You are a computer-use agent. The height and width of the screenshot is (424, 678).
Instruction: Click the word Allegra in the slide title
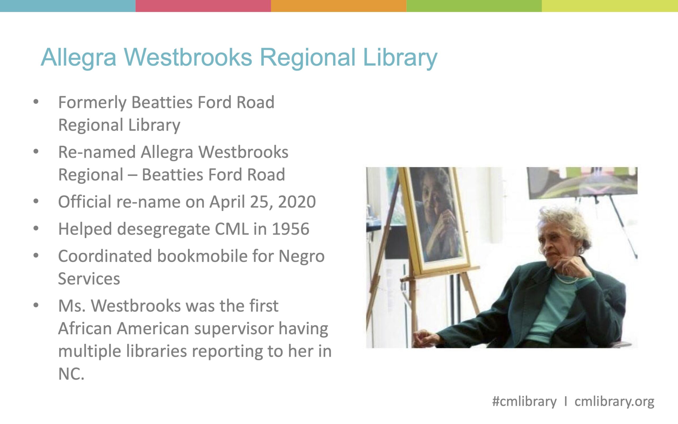pos(78,58)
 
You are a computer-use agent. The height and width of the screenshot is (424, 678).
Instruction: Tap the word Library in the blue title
pos(400,58)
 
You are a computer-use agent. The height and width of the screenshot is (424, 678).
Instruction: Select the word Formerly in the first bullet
pos(92,103)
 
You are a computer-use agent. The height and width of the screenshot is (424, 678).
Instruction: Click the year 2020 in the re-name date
pos(297,202)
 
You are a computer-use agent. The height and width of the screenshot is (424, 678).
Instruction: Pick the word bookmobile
pos(202,256)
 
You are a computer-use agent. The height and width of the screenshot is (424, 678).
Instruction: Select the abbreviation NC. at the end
pos(71,374)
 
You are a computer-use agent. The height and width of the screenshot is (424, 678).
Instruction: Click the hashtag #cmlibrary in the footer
pos(524,402)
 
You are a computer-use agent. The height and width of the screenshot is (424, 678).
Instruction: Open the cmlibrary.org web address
pos(614,402)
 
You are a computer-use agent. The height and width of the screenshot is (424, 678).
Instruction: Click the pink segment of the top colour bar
pos(203,6)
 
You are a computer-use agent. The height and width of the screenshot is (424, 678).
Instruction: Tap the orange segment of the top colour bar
pos(339,6)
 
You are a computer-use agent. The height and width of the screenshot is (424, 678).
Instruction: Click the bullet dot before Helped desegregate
pos(36,228)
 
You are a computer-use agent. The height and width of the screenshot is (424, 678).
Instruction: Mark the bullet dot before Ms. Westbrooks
pos(36,305)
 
